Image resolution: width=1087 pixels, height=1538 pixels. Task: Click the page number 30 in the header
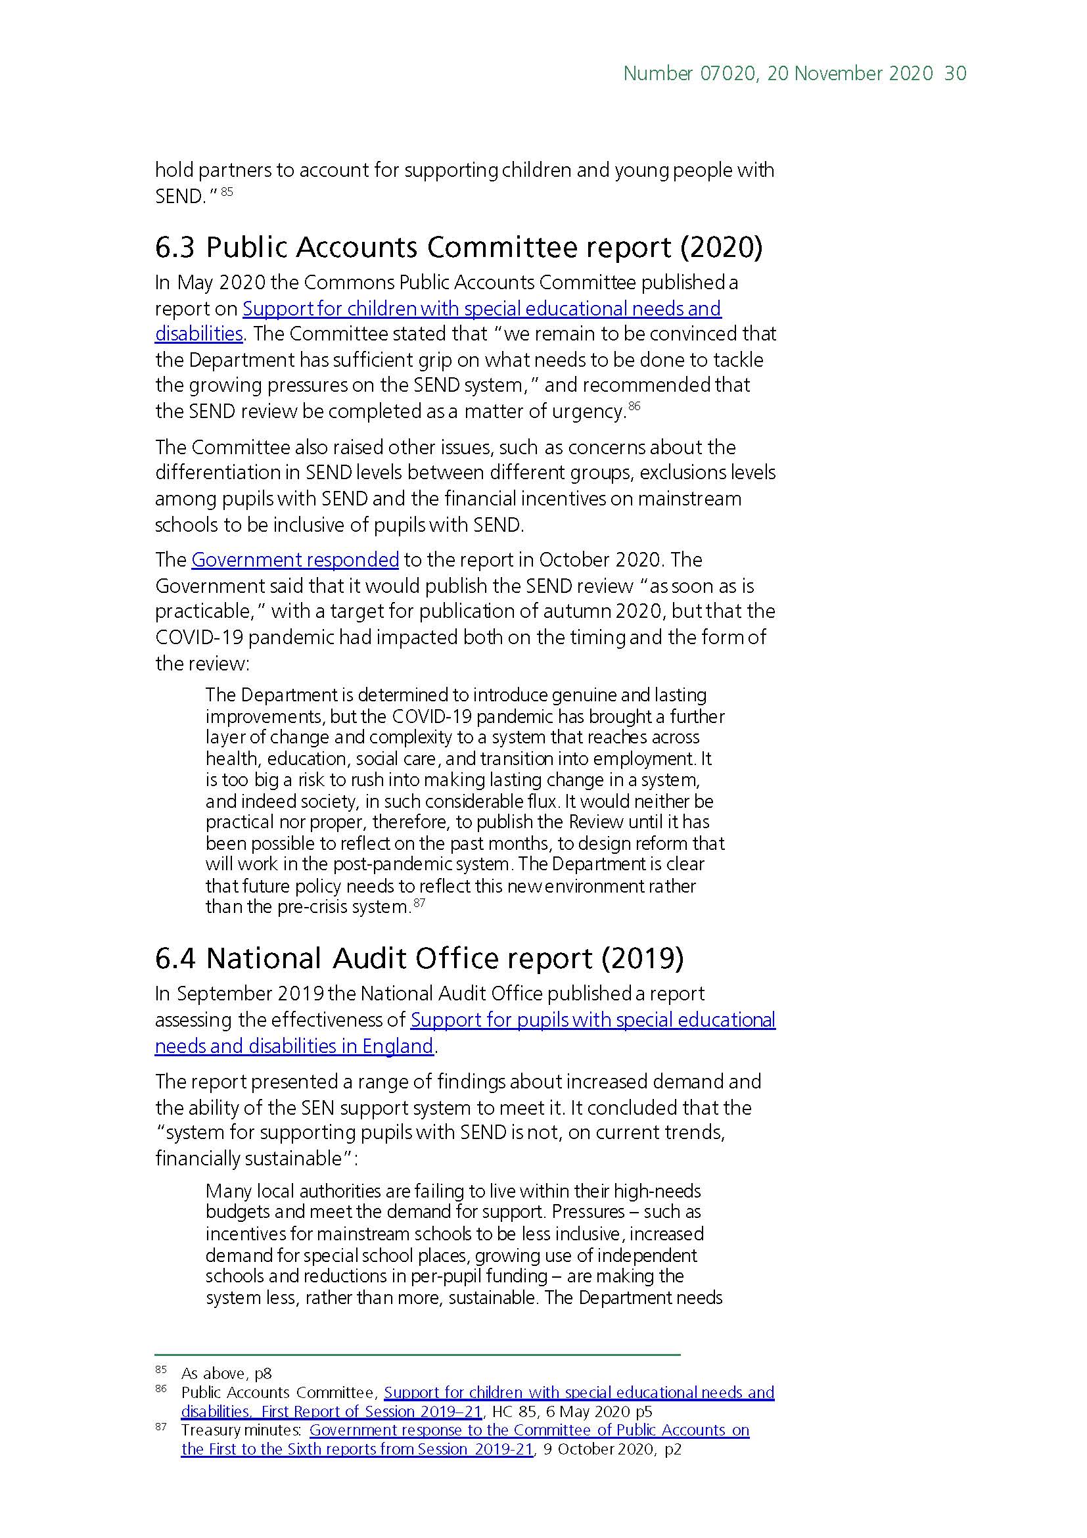click(x=955, y=73)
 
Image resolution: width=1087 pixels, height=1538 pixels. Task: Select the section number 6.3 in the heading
click(x=175, y=248)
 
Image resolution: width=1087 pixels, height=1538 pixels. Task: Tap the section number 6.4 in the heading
click(x=175, y=958)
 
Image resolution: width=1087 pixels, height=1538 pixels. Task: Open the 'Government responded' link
click(x=295, y=559)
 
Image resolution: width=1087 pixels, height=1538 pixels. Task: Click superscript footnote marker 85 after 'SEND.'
click(x=226, y=191)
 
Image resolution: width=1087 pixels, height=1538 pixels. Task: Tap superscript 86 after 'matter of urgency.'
click(x=634, y=406)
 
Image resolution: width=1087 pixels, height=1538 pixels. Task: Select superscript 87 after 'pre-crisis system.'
click(x=419, y=903)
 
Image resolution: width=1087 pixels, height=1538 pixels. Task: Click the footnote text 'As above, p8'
click(x=226, y=1374)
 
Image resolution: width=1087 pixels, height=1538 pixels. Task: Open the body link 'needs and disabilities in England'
click(x=294, y=1046)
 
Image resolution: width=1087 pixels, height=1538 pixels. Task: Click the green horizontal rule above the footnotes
click(x=417, y=1355)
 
